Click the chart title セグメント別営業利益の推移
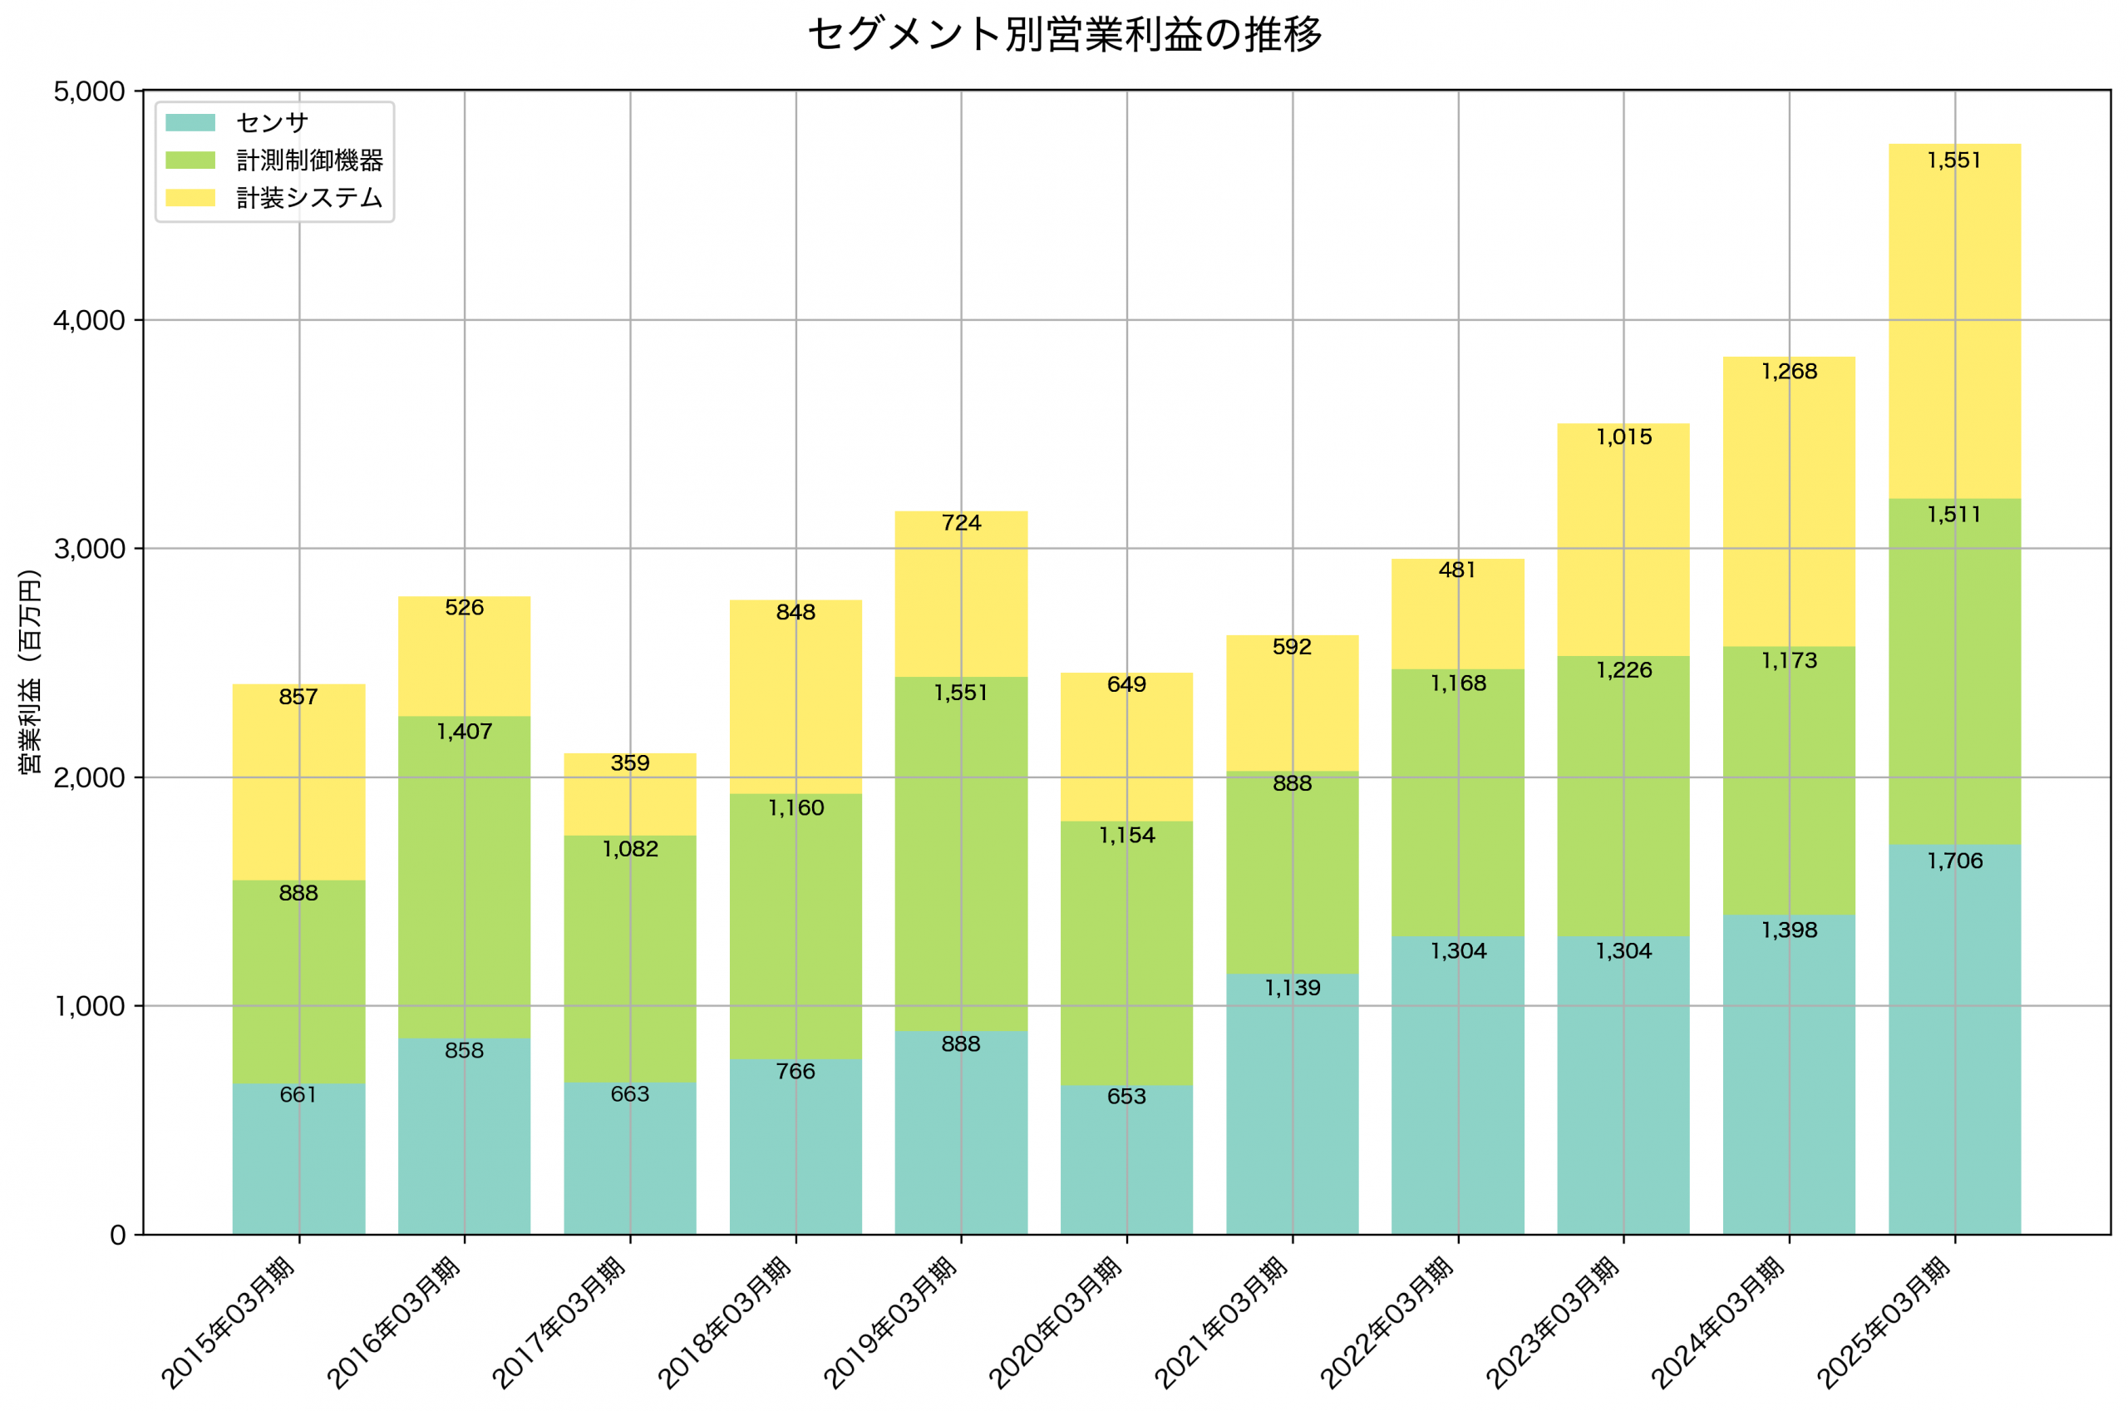(1064, 34)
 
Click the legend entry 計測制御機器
(308, 160)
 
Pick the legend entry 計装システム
(308, 198)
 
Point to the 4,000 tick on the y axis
(89, 320)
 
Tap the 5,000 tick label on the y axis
(89, 91)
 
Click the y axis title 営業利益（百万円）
(30, 671)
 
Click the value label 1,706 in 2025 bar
(1953, 861)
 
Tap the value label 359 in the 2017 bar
(629, 763)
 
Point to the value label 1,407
(464, 732)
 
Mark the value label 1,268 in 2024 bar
(1788, 371)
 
